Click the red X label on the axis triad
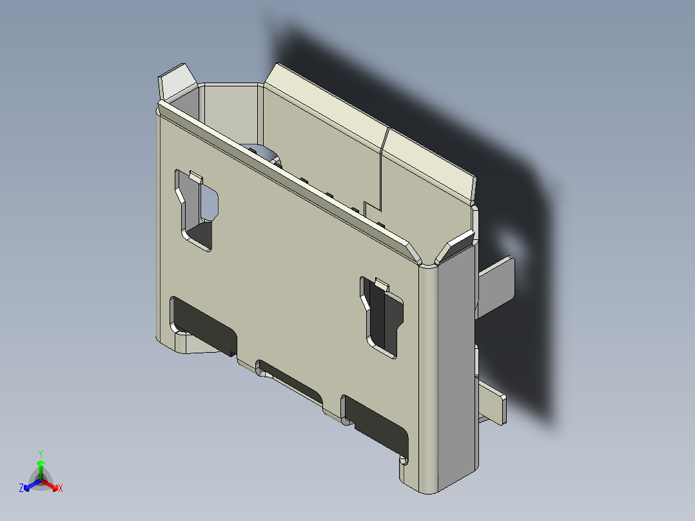tap(61, 489)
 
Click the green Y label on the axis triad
tap(41, 453)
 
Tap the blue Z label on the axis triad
tap(21, 489)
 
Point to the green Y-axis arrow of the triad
tap(41, 466)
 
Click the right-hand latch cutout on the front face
tap(382, 316)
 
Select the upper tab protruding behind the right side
tap(497, 284)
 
